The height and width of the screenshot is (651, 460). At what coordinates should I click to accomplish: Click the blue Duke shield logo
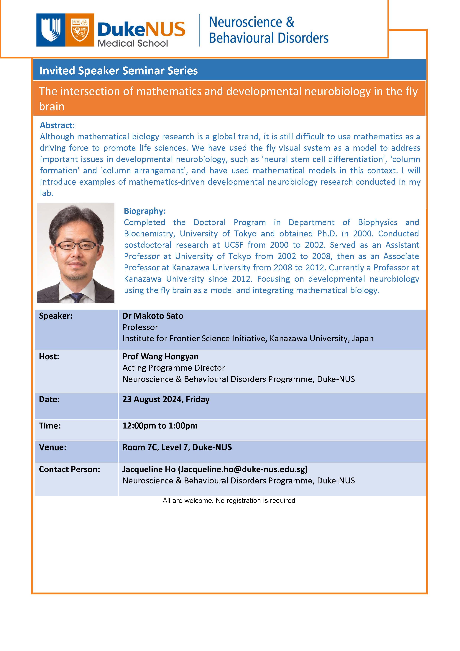point(51,30)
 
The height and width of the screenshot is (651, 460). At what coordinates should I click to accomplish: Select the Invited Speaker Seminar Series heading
point(119,71)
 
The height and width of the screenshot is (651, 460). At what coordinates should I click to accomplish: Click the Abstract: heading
point(57,125)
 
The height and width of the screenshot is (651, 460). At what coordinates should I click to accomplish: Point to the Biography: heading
point(144,211)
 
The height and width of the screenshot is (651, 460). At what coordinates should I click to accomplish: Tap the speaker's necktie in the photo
point(76,297)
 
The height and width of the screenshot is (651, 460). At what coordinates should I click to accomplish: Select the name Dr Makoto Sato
point(153,316)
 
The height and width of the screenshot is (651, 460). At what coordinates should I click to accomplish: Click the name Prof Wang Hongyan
point(160,356)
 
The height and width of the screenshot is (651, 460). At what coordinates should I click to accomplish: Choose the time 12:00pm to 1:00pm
point(160,426)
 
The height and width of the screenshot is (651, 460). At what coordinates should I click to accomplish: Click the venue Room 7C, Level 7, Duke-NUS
point(177,447)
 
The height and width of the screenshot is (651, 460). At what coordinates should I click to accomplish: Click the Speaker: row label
point(56,316)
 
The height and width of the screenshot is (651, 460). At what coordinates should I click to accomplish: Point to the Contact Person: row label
point(69,469)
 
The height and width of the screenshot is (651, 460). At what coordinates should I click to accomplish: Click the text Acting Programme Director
point(173,368)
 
